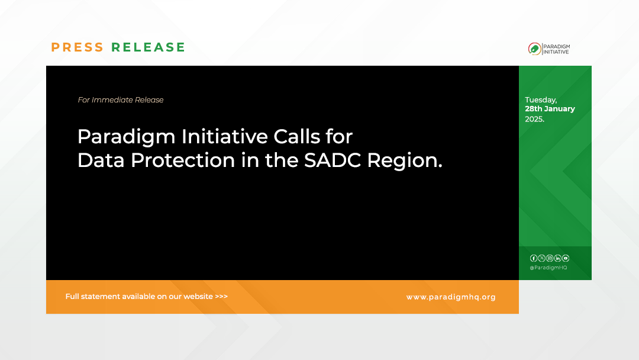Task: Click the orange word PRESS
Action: [x=78, y=47]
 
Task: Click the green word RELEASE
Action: [x=149, y=47]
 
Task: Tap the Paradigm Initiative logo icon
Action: [x=534, y=49]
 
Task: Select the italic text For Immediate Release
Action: [x=121, y=100]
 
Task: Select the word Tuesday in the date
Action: [x=541, y=100]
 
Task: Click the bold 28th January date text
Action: [x=550, y=109]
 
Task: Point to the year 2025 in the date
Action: [x=534, y=119]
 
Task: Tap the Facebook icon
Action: [x=534, y=258]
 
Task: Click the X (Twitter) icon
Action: [x=541, y=258]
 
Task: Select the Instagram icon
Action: [x=550, y=258]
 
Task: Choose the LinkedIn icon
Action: [x=557, y=258]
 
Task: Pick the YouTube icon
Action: [x=566, y=258]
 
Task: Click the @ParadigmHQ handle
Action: [x=548, y=268]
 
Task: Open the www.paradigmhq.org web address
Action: [x=451, y=297]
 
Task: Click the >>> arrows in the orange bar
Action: [x=221, y=297]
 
